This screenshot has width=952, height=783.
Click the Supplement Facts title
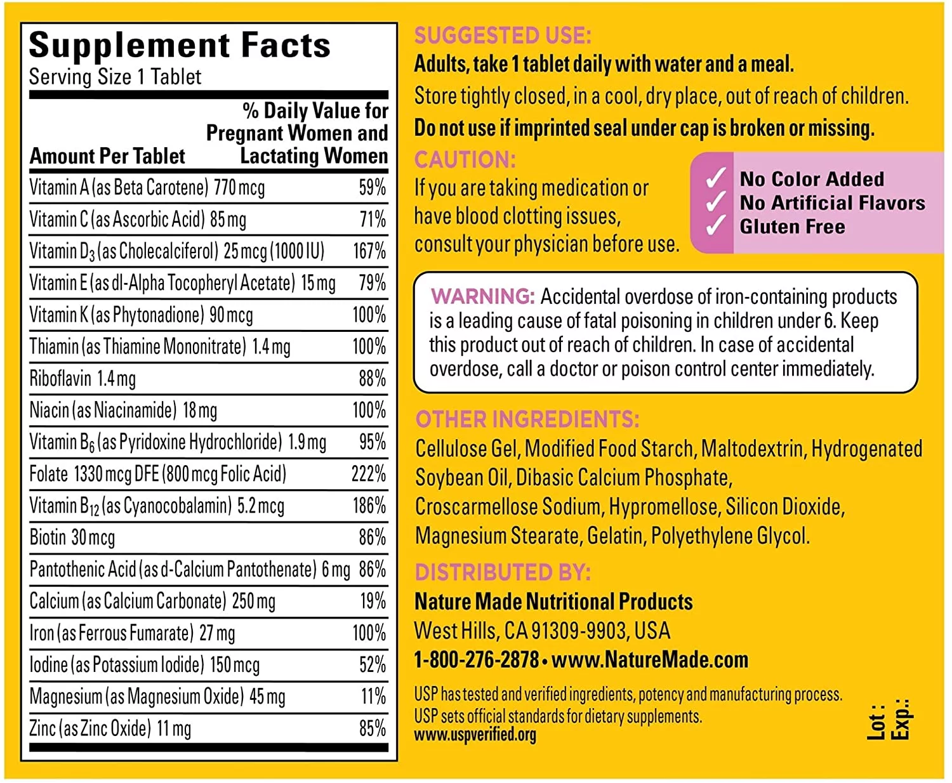click(x=180, y=46)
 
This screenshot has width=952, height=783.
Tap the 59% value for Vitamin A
click(x=372, y=188)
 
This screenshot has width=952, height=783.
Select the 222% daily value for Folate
click(x=369, y=474)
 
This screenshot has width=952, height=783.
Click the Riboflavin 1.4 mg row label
click(x=83, y=379)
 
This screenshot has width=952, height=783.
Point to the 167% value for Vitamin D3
click(x=369, y=251)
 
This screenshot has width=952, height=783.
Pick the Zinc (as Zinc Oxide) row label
click(x=110, y=728)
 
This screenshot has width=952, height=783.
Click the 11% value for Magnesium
click(x=373, y=697)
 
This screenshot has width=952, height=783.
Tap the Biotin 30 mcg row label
click(x=72, y=538)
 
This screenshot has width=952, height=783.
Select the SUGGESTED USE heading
click(x=503, y=36)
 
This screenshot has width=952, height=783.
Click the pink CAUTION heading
click(x=465, y=159)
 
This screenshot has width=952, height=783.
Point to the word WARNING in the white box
click(x=483, y=296)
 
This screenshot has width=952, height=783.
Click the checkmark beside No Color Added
click(x=716, y=179)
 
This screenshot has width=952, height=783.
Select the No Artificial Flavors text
click(x=832, y=203)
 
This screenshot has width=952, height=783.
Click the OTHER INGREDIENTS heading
click(x=527, y=419)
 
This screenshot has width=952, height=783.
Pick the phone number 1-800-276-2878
click(x=476, y=660)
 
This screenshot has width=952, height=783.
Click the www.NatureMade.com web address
click(x=650, y=660)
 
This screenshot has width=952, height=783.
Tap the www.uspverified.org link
click(x=475, y=735)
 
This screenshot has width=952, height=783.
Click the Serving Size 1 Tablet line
click(x=115, y=77)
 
